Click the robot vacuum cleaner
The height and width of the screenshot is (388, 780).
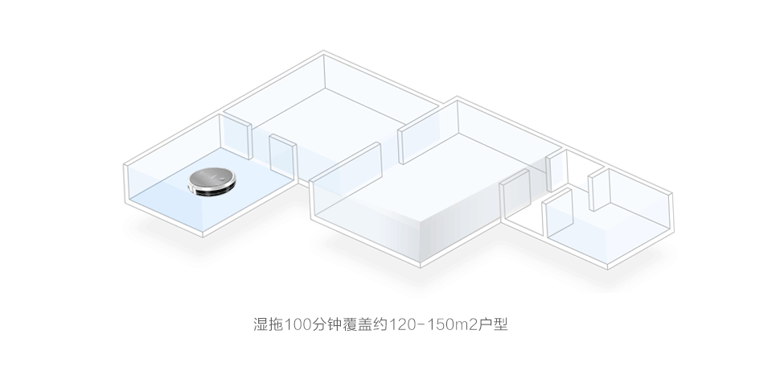pos(211,182)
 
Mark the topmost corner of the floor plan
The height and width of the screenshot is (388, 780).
pos(323,51)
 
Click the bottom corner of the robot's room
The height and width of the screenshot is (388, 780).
pos(203,236)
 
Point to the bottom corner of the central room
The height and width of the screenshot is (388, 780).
pos(421,266)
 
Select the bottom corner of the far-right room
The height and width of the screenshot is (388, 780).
pos(607,269)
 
